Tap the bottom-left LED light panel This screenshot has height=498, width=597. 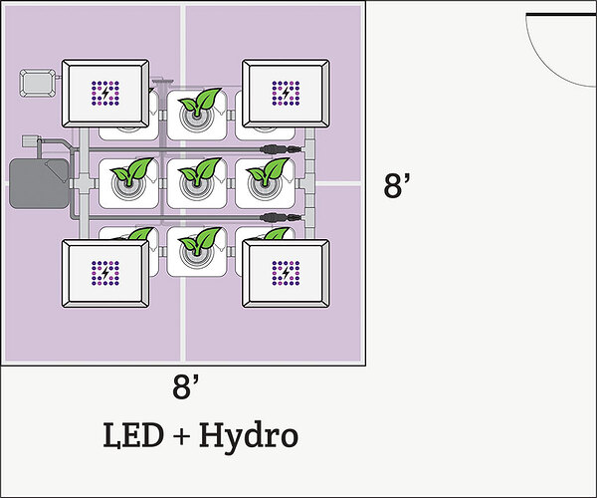point(106,271)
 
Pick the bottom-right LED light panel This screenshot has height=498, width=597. point(287,271)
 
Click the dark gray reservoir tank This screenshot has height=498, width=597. point(37,182)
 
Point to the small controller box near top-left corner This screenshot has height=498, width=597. point(38,83)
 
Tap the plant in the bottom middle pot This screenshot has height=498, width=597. point(203,243)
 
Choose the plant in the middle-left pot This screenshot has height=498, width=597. point(131,175)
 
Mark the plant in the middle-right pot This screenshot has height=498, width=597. point(267,175)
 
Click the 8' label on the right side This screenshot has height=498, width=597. point(398,186)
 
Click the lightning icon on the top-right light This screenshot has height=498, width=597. point(287,94)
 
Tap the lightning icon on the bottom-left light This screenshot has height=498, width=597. point(106,272)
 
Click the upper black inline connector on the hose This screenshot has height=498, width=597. point(276,149)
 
